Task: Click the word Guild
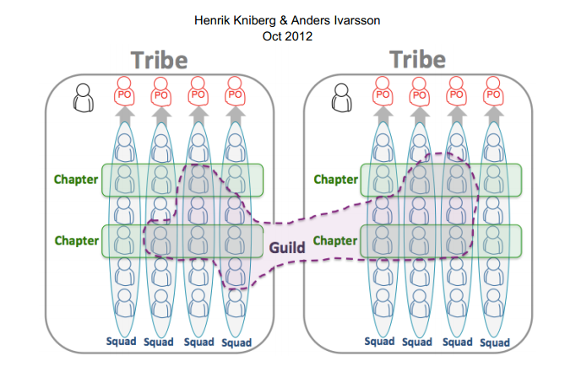coord(287,248)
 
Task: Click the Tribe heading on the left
coord(159,60)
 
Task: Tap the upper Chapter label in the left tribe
coord(76,179)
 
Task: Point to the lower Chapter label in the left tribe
coord(76,240)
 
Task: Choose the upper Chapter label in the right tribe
coord(335,179)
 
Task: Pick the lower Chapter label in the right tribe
coord(335,240)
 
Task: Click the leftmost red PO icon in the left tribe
coord(124,91)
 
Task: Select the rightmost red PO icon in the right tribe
coord(494,91)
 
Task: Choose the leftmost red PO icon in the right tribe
coord(383,91)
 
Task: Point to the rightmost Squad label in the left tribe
coord(236,342)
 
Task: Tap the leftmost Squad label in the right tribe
coord(382,342)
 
